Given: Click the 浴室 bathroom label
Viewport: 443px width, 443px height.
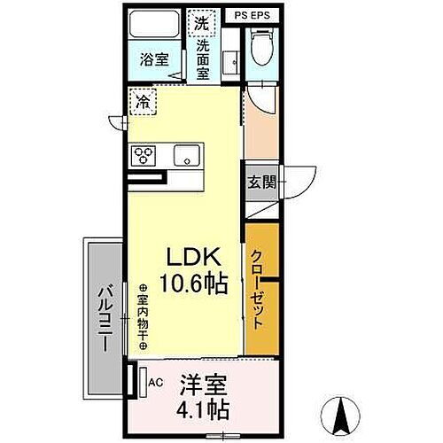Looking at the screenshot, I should (x=154, y=59).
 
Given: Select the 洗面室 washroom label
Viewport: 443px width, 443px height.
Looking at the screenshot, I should (x=203, y=58).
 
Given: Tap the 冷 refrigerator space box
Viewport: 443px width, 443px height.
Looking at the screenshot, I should (x=143, y=102).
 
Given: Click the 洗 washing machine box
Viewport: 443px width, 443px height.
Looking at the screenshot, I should (x=202, y=21).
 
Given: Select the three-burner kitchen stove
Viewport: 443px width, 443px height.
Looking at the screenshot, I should (x=144, y=156).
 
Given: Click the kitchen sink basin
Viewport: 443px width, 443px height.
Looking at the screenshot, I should (x=188, y=156).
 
